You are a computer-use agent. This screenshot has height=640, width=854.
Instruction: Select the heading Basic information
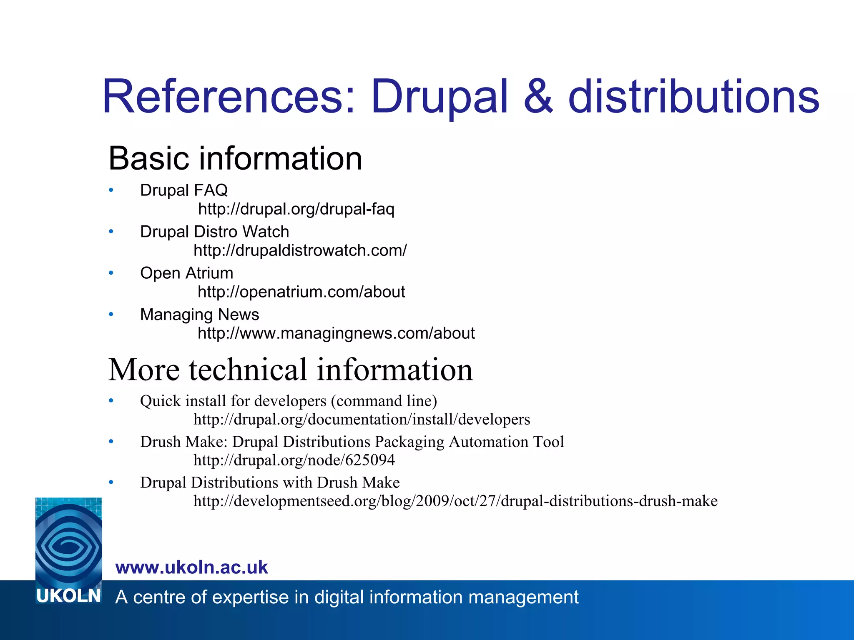click(x=235, y=158)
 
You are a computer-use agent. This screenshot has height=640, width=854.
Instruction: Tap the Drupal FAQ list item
click(x=183, y=190)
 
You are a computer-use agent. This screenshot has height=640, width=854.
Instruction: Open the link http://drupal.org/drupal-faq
click(x=296, y=209)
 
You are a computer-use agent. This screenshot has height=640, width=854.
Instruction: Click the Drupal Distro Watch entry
click(x=214, y=232)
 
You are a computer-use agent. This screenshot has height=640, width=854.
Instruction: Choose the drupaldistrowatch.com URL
click(x=300, y=250)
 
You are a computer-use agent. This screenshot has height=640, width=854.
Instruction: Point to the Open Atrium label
click(x=186, y=273)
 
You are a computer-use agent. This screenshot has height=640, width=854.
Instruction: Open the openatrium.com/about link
click(x=301, y=292)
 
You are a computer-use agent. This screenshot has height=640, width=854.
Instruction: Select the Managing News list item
click(x=199, y=315)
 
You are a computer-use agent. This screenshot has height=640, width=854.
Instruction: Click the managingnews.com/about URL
click(x=336, y=333)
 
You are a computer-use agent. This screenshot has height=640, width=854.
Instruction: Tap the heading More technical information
click(x=290, y=370)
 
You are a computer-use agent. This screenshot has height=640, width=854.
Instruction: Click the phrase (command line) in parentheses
click(x=384, y=401)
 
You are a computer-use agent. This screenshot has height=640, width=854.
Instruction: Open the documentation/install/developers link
click(x=362, y=419)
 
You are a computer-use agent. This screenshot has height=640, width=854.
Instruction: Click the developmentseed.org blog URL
click(x=455, y=501)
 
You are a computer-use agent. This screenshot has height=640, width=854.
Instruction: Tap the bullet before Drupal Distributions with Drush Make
click(x=111, y=482)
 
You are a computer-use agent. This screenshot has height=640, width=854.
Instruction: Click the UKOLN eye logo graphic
click(x=68, y=542)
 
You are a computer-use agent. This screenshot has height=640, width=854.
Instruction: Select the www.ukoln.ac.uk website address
click(x=191, y=567)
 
